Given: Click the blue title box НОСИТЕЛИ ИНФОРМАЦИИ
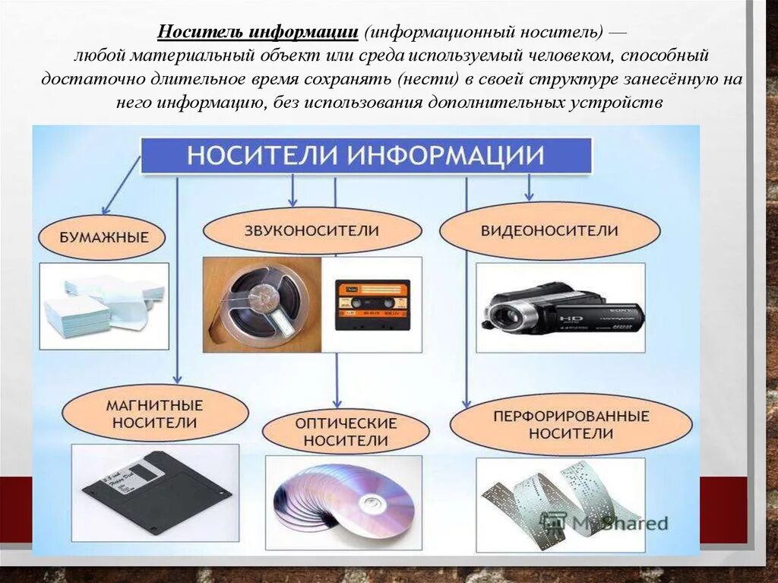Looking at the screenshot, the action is pyautogui.click(x=365, y=156).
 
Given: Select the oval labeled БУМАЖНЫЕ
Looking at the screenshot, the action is pyautogui.click(x=104, y=237).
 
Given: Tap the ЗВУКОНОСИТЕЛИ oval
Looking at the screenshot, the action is pyautogui.click(x=312, y=230).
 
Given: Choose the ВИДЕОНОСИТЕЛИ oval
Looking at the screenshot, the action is pyautogui.click(x=549, y=230).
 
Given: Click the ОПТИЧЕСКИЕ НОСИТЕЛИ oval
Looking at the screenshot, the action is pyautogui.click(x=346, y=431).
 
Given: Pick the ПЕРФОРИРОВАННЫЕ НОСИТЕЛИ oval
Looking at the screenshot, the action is pyautogui.click(x=571, y=424).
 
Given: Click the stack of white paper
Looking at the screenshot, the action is pyautogui.click(x=103, y=306).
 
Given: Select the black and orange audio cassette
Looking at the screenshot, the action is pyautogui.click(x=372, y=304).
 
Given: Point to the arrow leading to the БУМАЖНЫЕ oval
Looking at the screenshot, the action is pyautogui.click(x=119, y=186).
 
